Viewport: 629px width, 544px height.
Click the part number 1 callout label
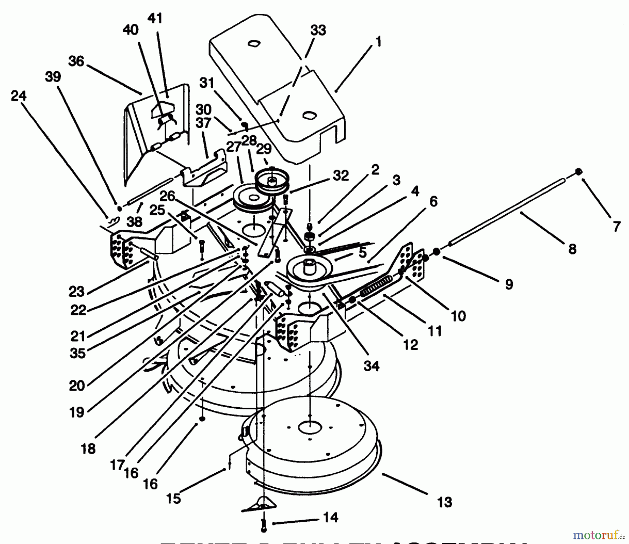378,42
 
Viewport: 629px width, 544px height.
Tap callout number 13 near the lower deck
444,502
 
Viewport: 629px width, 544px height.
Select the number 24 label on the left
19,95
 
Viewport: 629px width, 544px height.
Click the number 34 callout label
371,366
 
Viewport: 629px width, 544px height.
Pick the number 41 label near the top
155,18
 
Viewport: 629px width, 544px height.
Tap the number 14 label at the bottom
330,517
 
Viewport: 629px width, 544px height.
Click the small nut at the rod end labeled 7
579,172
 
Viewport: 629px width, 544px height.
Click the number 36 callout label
76,61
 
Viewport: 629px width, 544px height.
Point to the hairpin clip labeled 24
114,220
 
